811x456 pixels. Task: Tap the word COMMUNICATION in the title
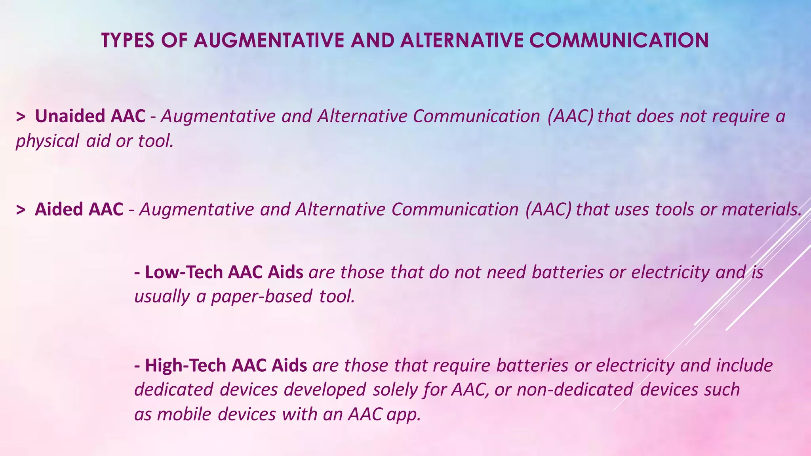point(619,40)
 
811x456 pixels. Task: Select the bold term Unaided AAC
point(90,116)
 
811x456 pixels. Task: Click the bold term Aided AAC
point(79,209)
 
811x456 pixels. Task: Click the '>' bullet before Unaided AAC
point(21,116)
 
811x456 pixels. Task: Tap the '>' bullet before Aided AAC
point(21,209)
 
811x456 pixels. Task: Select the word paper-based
point(261,296)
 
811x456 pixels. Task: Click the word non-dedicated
point(574,389)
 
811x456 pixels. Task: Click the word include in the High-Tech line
point(744,365)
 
